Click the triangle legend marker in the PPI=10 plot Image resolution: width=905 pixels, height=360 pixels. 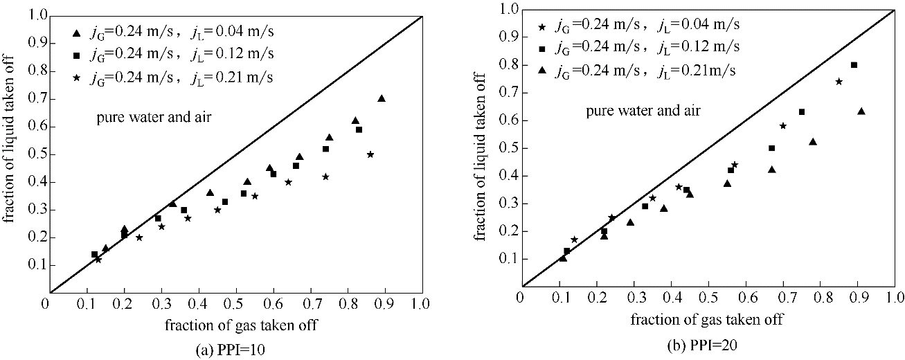77,33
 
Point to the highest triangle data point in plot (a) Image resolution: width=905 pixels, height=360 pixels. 381,98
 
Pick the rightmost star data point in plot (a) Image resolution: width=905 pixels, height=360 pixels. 370,154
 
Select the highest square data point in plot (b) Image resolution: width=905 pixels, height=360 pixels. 854,65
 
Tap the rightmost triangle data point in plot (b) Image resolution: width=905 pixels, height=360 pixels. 861,111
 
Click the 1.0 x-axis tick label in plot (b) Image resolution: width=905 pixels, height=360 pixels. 895,298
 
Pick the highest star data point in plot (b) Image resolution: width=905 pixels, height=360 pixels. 839,82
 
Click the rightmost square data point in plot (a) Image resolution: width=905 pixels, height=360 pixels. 359,129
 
